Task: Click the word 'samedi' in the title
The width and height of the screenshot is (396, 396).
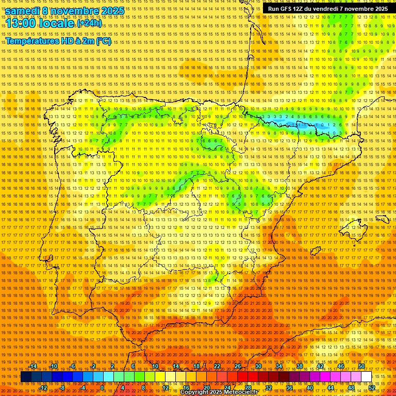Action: (22, 11)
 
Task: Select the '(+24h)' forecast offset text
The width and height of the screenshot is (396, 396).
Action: (89, 23)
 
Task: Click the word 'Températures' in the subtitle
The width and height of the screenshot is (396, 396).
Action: (34, 41)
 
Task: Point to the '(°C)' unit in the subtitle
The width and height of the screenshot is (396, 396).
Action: (103, 41)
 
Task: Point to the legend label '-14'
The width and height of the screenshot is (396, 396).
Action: (33, 366)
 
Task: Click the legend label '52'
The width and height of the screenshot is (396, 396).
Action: (372, 388)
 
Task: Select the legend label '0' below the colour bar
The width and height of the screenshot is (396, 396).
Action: (102, 388)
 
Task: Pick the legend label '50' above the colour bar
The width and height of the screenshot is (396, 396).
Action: (361, 366)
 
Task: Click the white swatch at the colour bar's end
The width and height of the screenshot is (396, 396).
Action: (366, 377)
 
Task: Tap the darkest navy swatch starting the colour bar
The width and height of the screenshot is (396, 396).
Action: (26, 377)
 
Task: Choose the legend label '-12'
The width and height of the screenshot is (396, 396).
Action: (43, 388)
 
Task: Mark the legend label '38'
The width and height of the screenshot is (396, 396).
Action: (299, 366)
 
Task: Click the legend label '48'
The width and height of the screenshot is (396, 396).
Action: (351, 388)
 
